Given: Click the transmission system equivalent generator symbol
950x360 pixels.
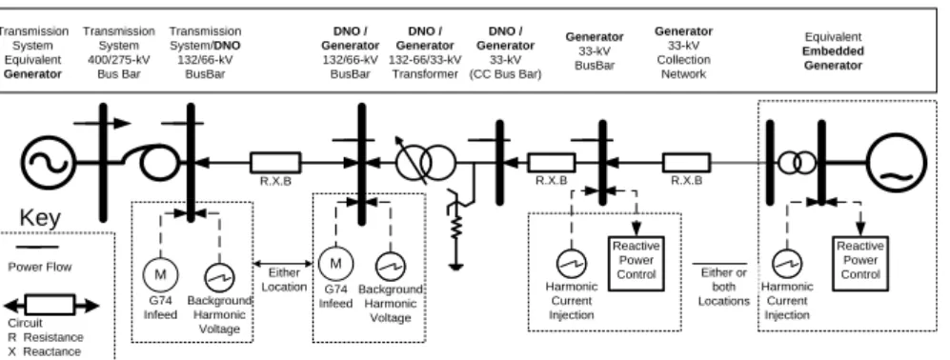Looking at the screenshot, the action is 49,163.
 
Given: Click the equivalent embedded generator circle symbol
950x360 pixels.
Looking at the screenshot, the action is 897,163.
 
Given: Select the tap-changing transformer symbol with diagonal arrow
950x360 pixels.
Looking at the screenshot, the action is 425,162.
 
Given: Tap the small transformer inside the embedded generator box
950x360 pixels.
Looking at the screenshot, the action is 797,163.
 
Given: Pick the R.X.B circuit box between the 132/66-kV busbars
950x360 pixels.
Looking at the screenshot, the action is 275,163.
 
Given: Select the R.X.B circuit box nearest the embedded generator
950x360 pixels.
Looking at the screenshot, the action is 686,163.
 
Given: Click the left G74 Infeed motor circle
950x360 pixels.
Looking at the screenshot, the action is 160,274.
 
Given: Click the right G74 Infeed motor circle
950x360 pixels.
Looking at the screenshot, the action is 335,264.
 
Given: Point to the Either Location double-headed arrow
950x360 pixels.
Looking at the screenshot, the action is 285,263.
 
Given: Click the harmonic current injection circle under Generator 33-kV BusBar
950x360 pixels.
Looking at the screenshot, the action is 571,264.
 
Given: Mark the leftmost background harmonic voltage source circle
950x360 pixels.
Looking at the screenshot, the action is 219,277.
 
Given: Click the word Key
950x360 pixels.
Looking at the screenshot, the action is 40,217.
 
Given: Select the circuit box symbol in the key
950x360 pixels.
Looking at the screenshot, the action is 51,305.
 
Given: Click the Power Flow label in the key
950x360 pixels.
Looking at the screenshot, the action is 39,267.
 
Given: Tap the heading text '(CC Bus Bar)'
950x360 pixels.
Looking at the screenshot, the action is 505,74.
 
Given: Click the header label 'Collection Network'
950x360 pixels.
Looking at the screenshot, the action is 683,67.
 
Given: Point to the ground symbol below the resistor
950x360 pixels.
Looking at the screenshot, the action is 456,266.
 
